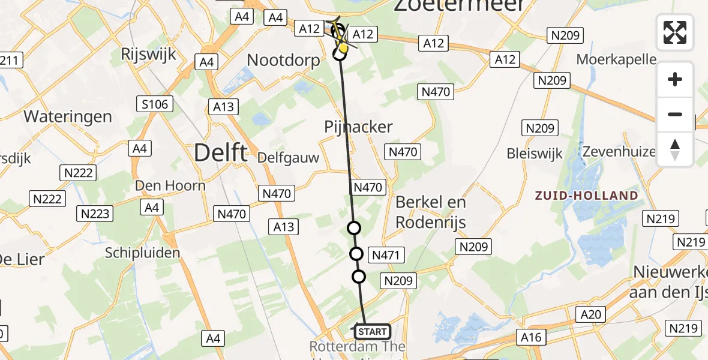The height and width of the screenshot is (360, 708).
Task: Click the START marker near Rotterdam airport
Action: pos(372,331)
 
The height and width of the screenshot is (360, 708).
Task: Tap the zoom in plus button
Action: pos(675,79)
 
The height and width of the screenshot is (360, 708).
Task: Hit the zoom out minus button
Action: pos(675,114)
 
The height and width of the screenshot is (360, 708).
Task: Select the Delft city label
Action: pos(220,153)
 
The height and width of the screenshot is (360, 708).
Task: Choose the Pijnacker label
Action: pos(358,127)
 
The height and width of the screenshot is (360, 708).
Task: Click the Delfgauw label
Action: pos(287,157)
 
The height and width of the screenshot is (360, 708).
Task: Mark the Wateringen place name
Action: pos(68,116)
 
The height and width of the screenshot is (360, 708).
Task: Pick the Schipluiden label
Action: pos(142,253)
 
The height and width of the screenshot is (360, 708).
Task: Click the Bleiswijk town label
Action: pos(535,153)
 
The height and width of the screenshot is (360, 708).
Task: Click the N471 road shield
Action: pos(385,255)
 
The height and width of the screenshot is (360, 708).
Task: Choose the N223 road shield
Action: pos(95,214)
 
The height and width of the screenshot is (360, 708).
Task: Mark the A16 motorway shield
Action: pos(530,337)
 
